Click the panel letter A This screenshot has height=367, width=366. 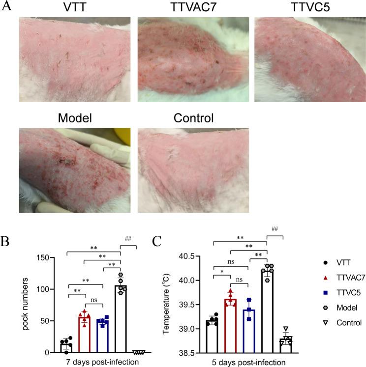[6, 7]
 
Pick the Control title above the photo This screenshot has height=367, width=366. [193, 119]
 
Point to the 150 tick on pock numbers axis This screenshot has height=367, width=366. [47, 258]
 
